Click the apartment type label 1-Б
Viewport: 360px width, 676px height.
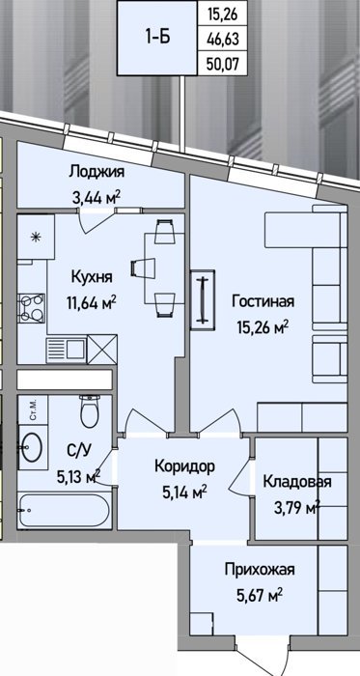point(157,38)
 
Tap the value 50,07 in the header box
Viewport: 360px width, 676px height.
point(223,65)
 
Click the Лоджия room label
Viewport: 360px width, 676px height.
point(97,172)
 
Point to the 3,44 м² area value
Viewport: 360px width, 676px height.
point(96,198)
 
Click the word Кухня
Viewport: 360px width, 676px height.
point(92,277)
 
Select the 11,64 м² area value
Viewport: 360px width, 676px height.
point(92,303)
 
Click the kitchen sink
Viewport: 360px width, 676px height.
point(67,350)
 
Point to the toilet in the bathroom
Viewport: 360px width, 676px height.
point(90,411)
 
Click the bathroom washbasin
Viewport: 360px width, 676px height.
point(32,447)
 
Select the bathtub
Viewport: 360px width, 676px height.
point(65,511)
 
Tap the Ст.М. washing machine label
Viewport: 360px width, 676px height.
point(33,410)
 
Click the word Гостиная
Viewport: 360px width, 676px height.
point(263,301)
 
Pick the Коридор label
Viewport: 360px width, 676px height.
point(184,466)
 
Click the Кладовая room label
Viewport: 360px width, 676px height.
point(297,481)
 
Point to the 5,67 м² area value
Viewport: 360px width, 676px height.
point(260,596)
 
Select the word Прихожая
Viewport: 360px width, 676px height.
point(260,570)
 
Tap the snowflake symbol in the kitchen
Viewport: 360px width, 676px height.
point(37,236)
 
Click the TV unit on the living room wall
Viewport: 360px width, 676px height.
point(203,300)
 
